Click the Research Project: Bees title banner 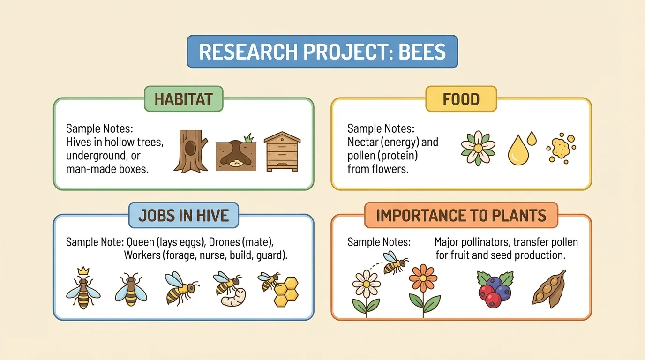[x=322, y=52]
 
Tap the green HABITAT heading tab [x=183, y=99]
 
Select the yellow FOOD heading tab [x=461, y=99]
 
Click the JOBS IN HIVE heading [x=183, y=215]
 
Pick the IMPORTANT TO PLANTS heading [x=461, y=215]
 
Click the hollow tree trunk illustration [x=191, y=151]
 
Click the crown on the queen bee [x=83, y=270]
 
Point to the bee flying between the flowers [x=395, y=262]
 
